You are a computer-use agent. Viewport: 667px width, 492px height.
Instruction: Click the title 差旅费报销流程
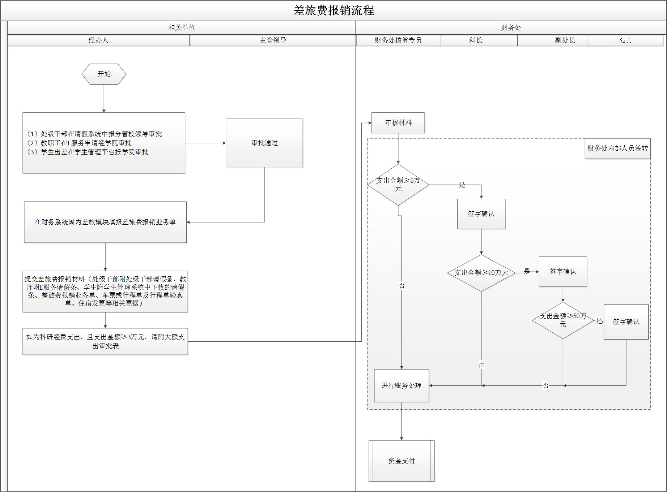click(333, 10)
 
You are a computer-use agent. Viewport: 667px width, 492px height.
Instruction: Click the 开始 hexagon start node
click(104, 74)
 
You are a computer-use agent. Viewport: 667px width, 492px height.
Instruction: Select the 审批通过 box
click(264, 143)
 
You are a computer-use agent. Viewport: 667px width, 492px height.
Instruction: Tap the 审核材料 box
click(398, 123)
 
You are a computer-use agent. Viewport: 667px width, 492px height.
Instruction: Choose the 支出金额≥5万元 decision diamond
click(398, 185)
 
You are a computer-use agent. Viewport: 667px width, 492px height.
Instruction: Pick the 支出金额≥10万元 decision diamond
click(481, 273)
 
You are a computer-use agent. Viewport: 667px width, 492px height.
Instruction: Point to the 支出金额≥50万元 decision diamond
click(563, 320)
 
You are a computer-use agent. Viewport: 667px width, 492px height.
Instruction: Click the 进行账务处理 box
click(402, 385)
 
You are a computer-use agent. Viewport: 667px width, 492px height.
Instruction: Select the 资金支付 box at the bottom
click(402, 461)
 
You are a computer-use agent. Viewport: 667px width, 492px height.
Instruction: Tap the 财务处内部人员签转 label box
click(617, 148)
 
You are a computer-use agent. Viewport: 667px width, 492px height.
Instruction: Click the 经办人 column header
click(98, 40)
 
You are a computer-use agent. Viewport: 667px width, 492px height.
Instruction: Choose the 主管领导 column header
click(273, 40)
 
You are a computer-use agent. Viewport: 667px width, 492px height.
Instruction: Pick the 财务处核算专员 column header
click(398, 40)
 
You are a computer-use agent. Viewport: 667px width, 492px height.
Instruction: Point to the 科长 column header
click(476, 40)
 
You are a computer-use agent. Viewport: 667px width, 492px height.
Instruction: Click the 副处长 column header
click(565, 40)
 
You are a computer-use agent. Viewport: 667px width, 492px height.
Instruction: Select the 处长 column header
click(625, 40)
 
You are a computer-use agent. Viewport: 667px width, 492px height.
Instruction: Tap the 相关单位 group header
click(182, 28)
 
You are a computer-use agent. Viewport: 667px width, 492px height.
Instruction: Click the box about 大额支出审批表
click(105, 341)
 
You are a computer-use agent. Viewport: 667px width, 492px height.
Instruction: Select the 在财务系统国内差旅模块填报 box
click(105, 222)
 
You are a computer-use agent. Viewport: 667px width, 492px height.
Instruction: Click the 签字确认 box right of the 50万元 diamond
click(626, 321)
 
